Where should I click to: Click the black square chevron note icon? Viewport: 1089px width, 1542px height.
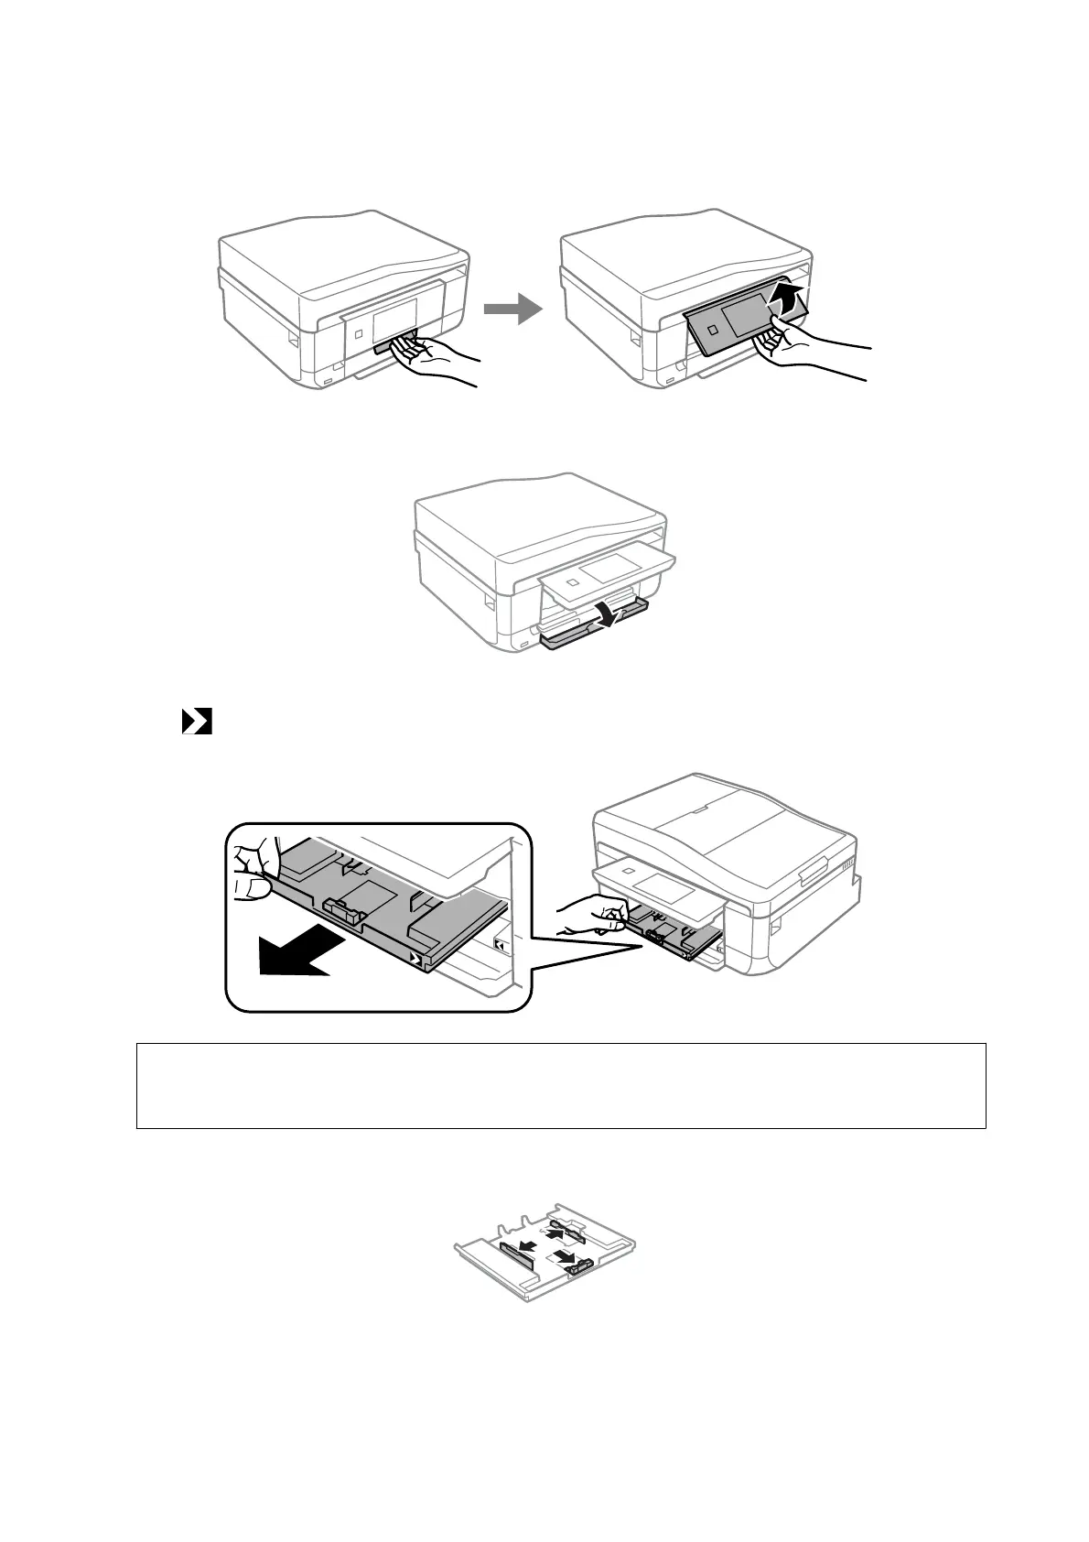coord(197,722)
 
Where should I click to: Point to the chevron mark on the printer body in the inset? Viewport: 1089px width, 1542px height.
coord(500,944)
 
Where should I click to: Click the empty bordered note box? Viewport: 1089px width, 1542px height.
coord(560,1085)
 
